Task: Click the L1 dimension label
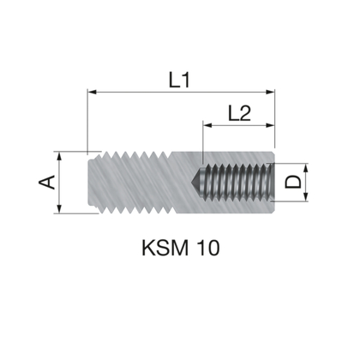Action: (179, 81)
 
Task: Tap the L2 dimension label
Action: (239, 111)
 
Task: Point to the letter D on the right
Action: (291, 183)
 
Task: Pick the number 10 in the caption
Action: (207, 249)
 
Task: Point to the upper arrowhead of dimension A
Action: (59, 156)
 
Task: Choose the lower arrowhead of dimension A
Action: (59, 208)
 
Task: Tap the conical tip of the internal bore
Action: (200, 182)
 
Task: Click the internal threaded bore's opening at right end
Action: (270, 182)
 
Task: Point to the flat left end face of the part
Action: (90, 182)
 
